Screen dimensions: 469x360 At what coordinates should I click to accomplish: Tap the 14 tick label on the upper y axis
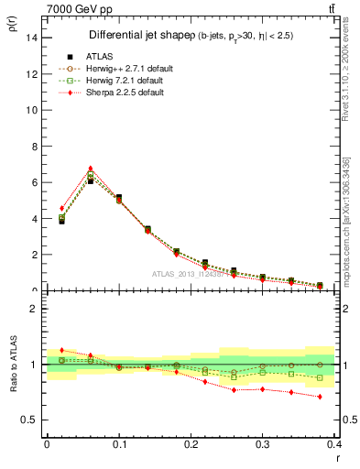30,38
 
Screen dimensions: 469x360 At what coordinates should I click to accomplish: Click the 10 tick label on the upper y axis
30,110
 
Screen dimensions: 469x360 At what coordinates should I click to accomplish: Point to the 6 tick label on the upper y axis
33,182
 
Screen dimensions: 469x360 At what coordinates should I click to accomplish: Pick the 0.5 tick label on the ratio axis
28,420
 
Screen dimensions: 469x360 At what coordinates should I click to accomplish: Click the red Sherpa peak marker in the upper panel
90,169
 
